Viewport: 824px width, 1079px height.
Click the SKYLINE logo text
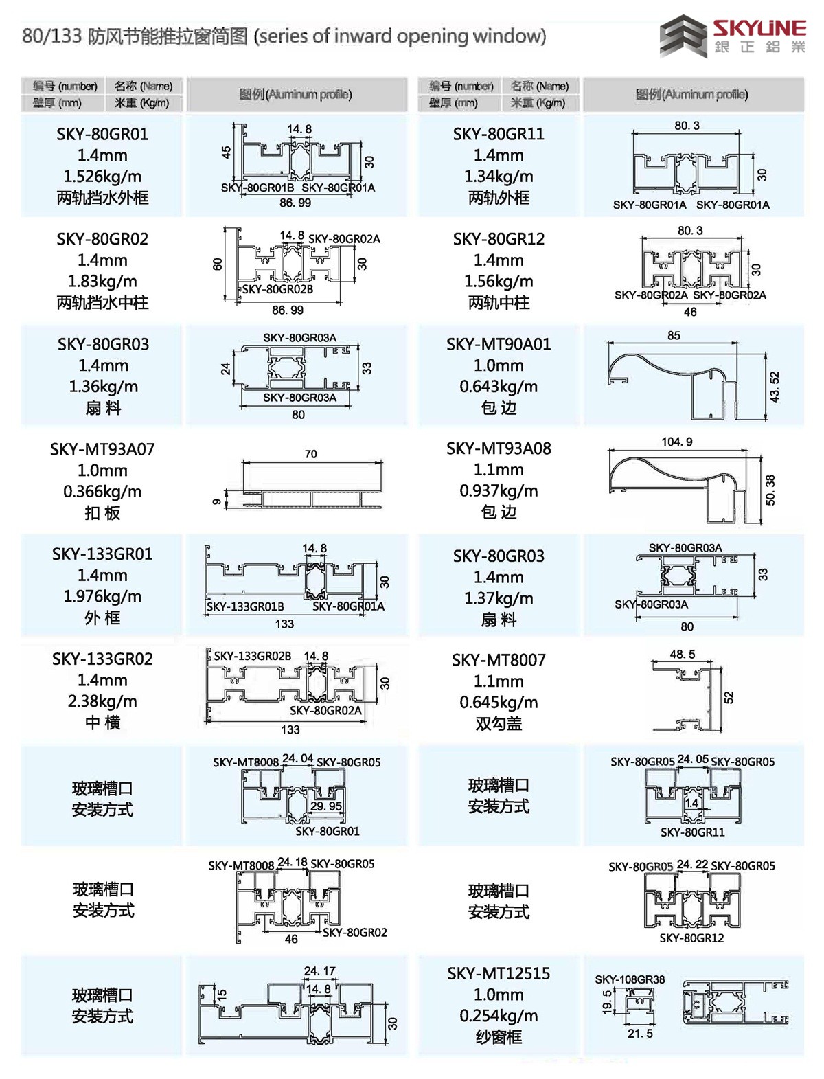click(x=758, y=27)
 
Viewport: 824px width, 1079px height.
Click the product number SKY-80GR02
click(x=102, y=239)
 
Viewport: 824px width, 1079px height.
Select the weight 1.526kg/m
click(x=102, y=177)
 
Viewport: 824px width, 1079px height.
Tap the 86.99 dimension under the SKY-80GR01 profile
click(x=295, y=203)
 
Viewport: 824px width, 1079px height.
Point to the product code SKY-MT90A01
click(x=499, y=344)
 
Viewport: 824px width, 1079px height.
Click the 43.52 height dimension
click(x=775, y=387)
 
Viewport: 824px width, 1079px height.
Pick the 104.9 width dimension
click(x=676, y=442)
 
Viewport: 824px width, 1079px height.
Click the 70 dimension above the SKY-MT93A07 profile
click(x=310, y=454)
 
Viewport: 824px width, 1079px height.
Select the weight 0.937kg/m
click(x=499, y=491)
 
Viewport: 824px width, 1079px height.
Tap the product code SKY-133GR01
click(x=102, y=554)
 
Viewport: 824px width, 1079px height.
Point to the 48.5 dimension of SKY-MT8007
click(x=682, y=655)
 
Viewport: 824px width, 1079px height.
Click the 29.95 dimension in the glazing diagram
click(x=325, y=806)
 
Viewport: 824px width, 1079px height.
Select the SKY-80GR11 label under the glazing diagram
click(x=692, y=832)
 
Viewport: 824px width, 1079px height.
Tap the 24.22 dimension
click(x=692, y=864)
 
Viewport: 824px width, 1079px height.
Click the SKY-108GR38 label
click(x=630, y=979)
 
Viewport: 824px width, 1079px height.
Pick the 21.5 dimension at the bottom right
click(x=640, y=1033)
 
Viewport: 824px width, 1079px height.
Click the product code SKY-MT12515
click(x=499, y=973)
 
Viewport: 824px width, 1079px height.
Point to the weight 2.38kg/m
click(x=102, y=701)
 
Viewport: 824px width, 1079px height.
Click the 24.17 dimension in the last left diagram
click(x=319, y=971)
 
